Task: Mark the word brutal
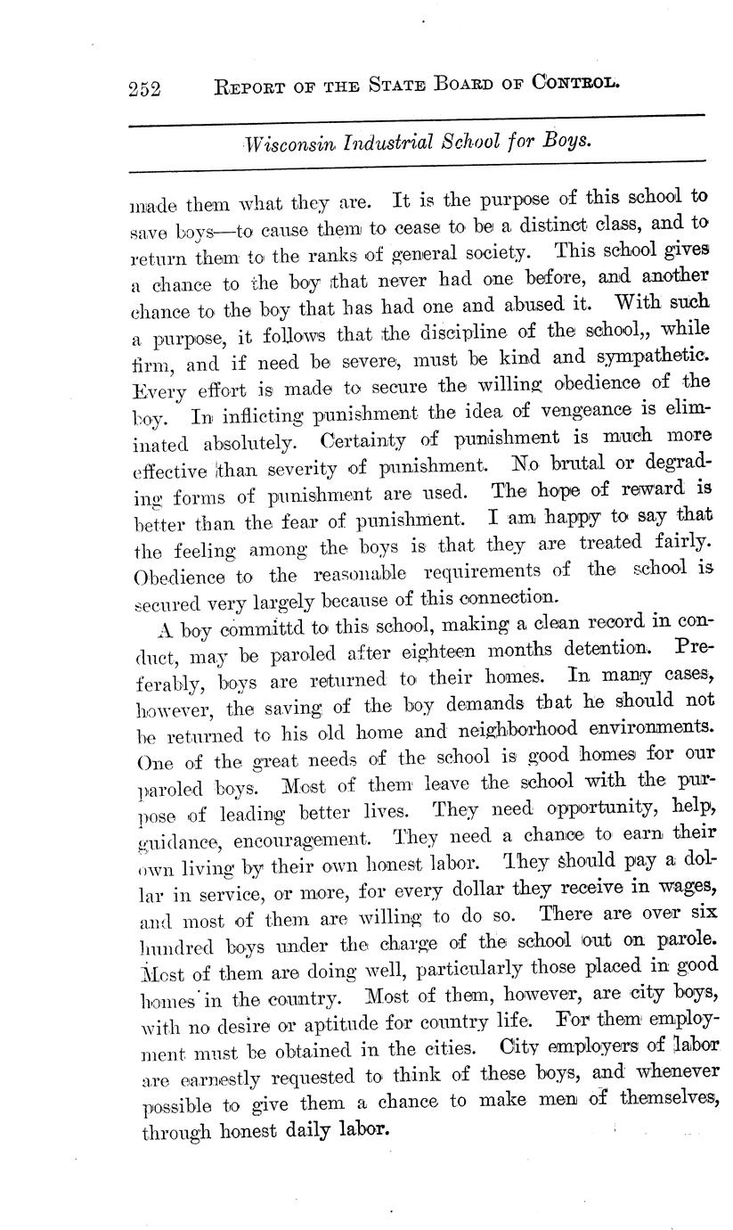[x=574, y=464]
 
